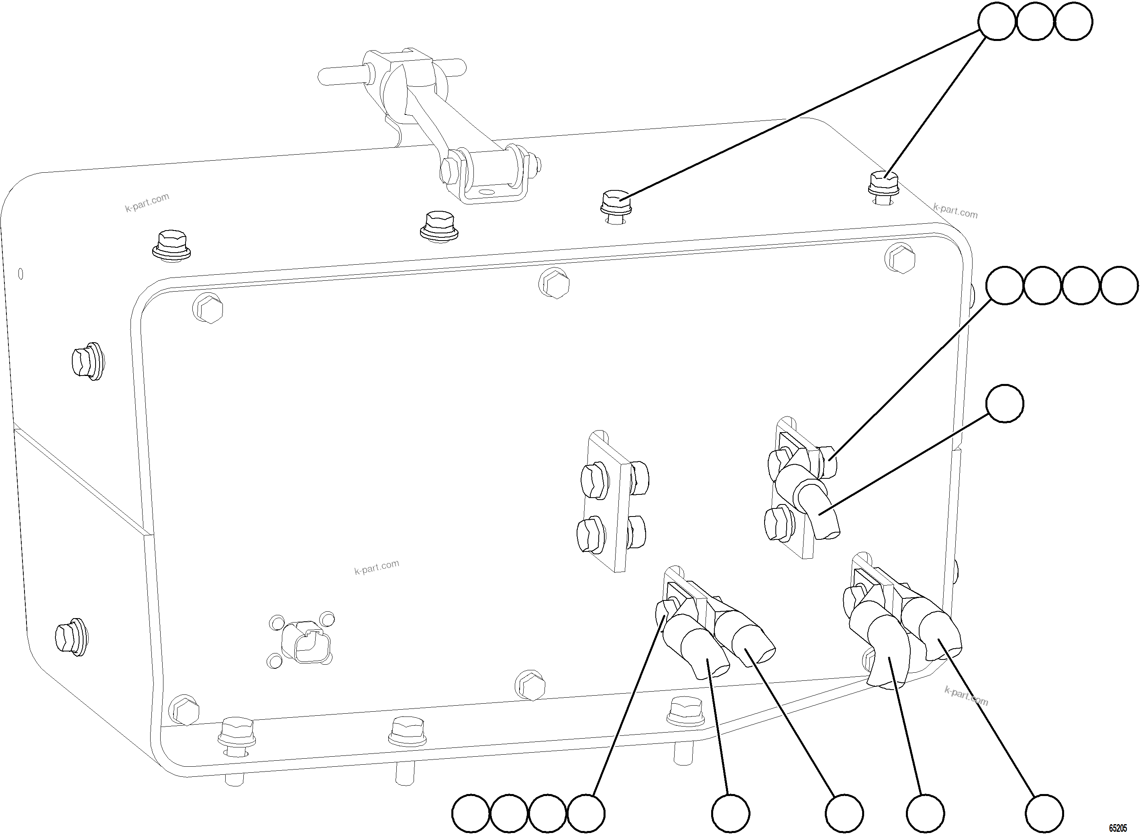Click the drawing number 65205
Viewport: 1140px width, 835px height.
1117,828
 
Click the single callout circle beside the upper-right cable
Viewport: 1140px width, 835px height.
1005,403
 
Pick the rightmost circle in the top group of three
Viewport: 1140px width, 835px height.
1074,21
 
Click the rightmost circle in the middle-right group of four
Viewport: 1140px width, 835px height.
1119,286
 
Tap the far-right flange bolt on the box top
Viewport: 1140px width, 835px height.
883,188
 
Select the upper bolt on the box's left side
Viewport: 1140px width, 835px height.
87,361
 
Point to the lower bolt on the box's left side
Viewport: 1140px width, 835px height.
71,638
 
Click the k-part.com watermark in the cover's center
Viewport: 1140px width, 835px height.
377,567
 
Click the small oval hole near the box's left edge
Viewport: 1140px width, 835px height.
21,274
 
